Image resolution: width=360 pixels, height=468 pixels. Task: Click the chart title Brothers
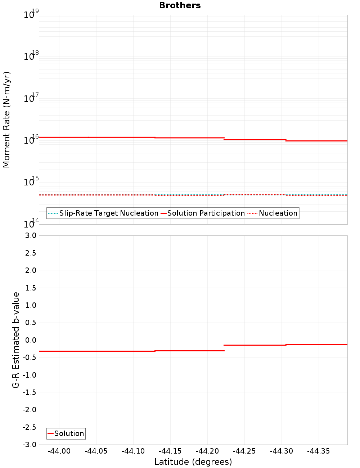tap(180, 5)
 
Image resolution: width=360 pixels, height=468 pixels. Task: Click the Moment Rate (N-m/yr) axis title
tap(6, 120)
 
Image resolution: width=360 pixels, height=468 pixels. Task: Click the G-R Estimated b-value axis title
tap(16, 340)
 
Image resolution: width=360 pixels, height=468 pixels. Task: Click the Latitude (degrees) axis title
tap(193, 462)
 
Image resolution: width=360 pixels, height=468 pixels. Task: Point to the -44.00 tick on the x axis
tap(59, 451)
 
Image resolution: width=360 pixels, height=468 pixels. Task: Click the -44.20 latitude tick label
tap(207, 451)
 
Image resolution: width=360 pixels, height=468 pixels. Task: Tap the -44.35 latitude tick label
tap(319, 451)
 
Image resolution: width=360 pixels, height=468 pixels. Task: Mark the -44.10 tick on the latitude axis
tap(133, 451)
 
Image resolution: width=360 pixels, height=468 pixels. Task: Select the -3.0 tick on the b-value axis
tap(30, 445)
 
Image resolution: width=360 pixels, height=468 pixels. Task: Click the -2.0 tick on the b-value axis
tap(30, 410)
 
